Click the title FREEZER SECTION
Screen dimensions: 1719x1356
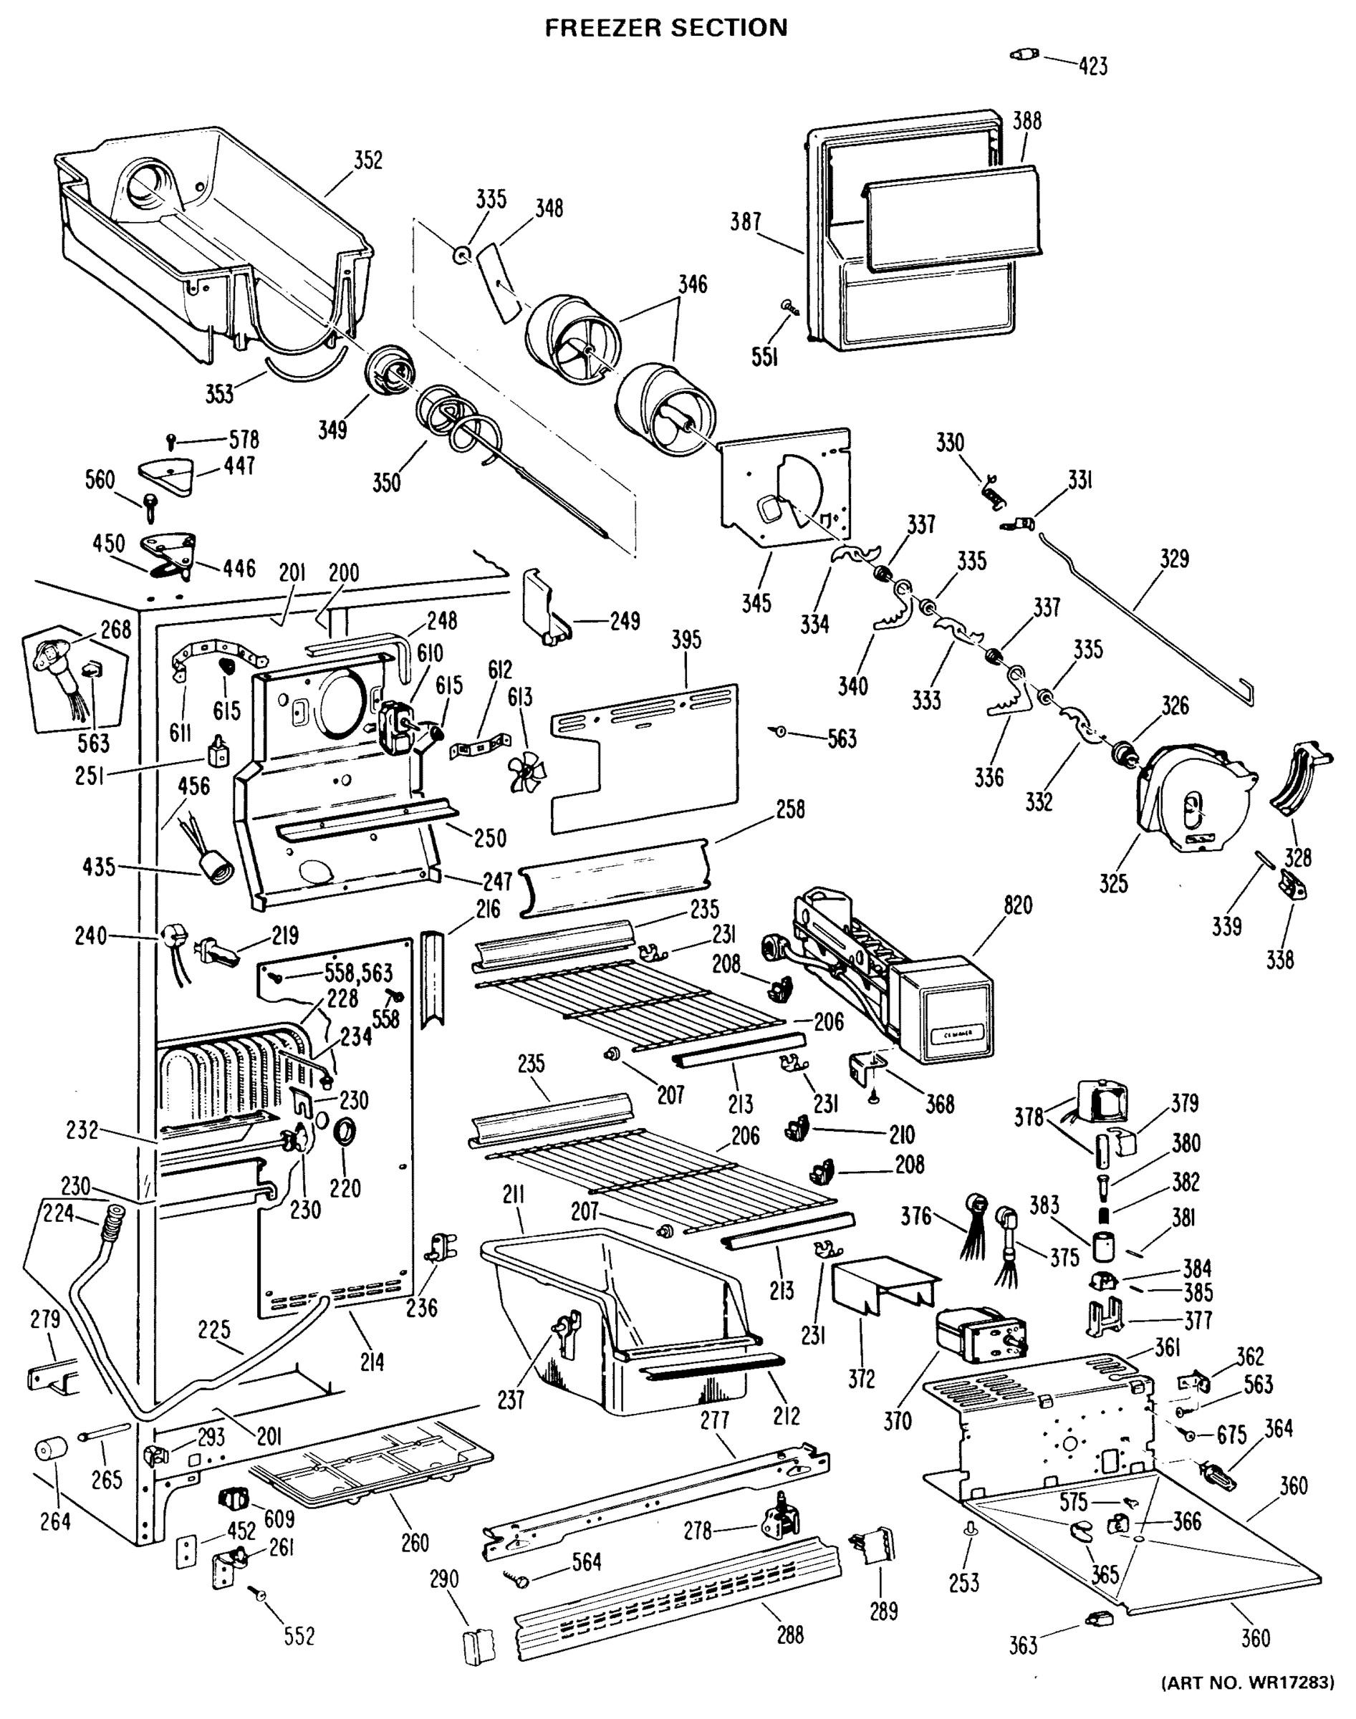click(665, 28)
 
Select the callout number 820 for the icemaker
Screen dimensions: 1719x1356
click(1018, 905)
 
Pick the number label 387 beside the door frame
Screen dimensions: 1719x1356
click(746, 222)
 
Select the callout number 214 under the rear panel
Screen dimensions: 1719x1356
click(372, 1362)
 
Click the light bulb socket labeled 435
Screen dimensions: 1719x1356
click(216, 875)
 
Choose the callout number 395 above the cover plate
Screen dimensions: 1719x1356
click(686, 640)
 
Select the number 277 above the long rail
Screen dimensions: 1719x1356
click(714, 1420)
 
